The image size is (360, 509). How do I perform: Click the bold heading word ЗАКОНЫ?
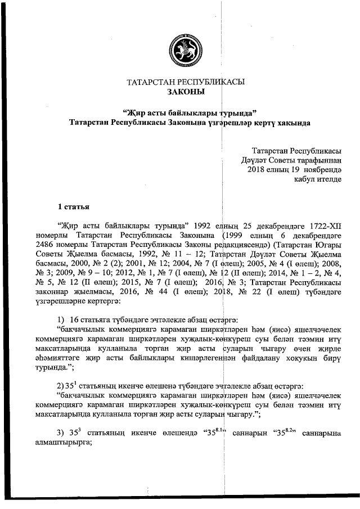[186, 91]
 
